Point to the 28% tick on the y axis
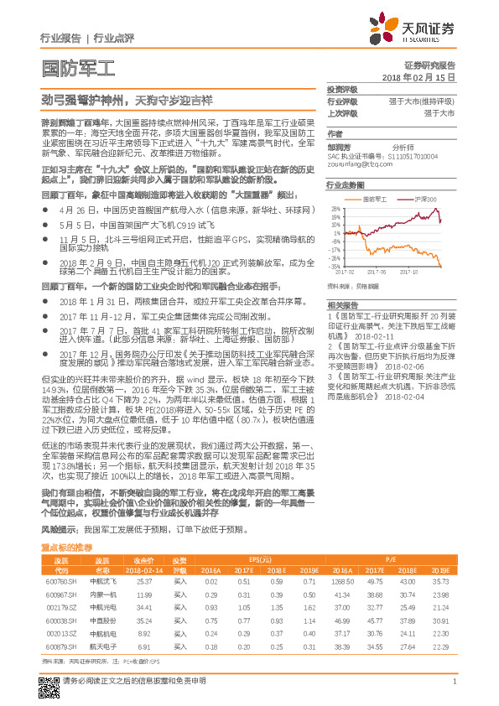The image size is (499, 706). [x=335, y=208]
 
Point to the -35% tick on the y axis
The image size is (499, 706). [x=335, y=267]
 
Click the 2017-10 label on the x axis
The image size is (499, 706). [x=410, y=272]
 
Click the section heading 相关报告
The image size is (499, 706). [x=342, y=304]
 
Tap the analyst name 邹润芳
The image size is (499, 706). [x=339, y=144]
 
